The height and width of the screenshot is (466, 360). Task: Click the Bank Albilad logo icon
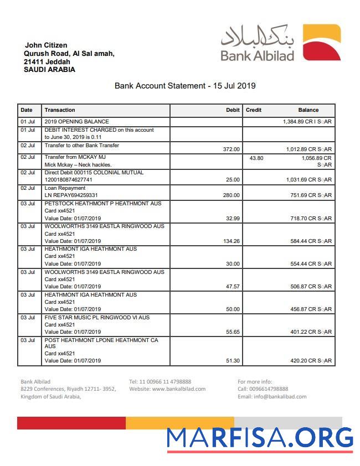pos(322,42)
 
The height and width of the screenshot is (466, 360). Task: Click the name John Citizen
pos(46,45)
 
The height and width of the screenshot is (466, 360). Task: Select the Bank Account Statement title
pos(185,86)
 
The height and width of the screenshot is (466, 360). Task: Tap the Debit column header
pos(233,110)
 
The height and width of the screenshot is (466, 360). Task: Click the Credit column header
pos(254,110)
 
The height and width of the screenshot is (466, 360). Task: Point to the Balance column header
pos(308,110)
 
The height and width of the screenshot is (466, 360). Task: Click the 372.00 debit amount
pos(231,149)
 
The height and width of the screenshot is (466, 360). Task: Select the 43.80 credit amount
pos(256,158)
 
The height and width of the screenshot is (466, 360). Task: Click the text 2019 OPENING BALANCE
pos(76,122)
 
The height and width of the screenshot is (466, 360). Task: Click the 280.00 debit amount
pos(231,195)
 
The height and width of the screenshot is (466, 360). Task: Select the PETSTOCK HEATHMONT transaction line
pos(102,204)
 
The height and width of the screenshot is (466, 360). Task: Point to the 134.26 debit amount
pos(231,241)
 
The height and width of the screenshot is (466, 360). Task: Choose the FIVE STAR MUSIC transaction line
pos(97,318)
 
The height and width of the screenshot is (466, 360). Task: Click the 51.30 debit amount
pos(233,361)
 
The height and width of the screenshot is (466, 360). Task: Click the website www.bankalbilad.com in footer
pos(167,389)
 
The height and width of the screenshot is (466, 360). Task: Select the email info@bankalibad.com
pos(271,397)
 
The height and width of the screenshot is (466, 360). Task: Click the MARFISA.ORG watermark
pos(260,438)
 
